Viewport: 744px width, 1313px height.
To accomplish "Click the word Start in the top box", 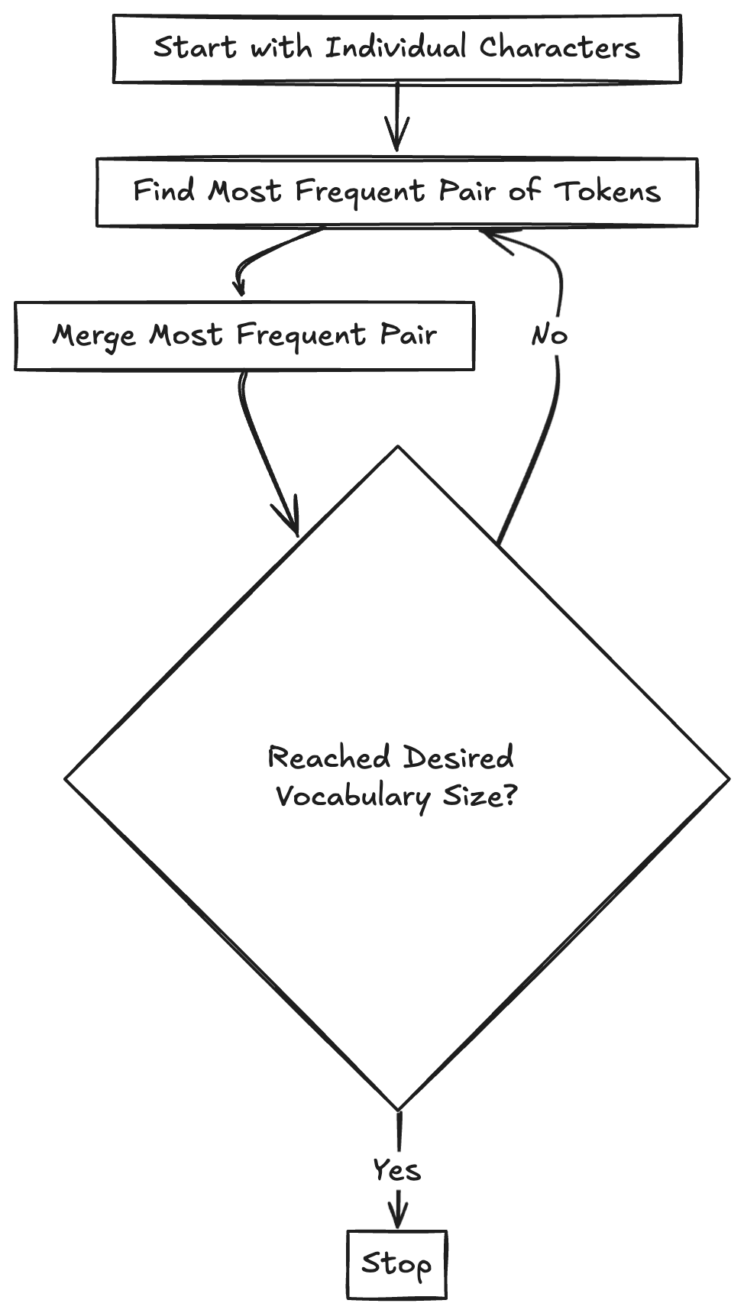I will click(x=195, y=48).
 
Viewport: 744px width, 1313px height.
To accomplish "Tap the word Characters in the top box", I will click(x=559, y=48).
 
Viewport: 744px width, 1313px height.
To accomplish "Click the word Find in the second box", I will click(x=163, y=190).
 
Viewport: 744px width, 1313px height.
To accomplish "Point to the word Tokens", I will click(x=607, y=191).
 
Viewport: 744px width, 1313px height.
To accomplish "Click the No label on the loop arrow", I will click(x=549, y=335).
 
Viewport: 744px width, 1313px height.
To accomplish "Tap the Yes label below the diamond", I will click(x=396, y=1170).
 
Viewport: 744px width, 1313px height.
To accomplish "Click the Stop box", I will click(x=396, y=1264).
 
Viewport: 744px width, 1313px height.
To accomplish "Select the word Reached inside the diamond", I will click(x=328, y=758).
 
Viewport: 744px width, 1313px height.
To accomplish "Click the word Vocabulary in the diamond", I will click(x=352, y=797).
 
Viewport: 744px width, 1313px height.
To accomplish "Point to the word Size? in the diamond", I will click(x=479, y=797).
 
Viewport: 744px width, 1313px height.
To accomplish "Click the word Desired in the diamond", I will click(x=458, y=758).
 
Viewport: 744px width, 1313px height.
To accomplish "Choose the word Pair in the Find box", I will click(x=467, y=191).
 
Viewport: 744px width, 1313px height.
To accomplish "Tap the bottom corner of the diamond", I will click(x=398, y=1110).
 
